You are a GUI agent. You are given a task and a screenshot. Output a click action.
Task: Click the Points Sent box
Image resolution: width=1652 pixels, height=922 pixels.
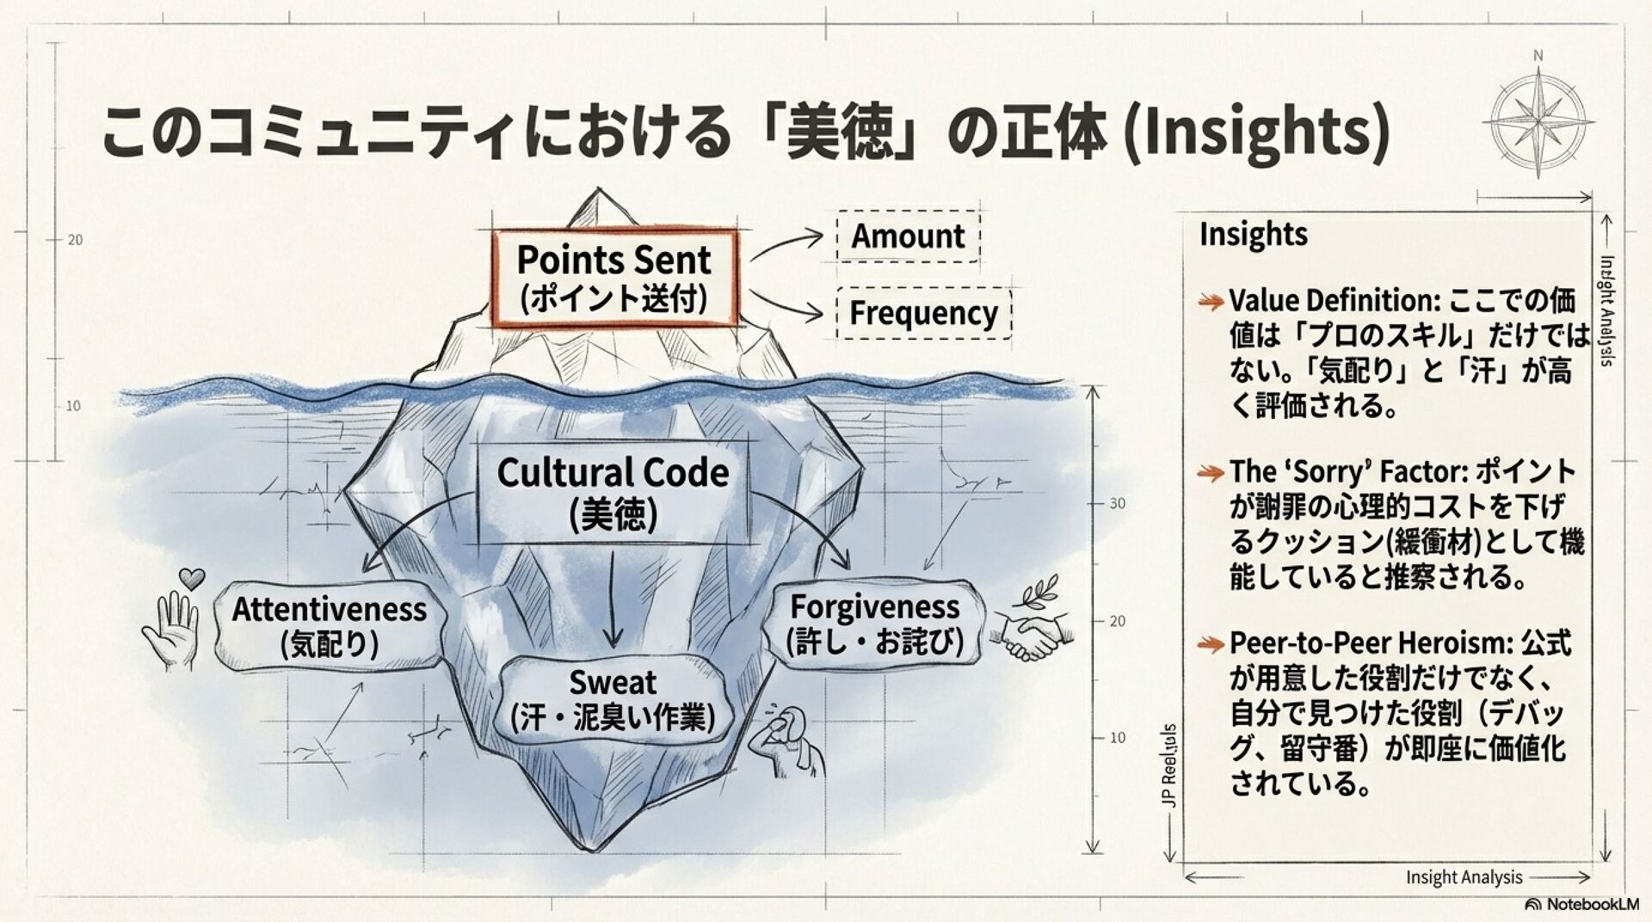(613, 277)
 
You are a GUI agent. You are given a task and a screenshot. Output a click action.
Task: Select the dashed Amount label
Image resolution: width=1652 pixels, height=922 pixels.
(908, 236)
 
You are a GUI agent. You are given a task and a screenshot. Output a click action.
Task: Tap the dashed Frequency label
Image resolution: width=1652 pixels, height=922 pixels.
(923, 313)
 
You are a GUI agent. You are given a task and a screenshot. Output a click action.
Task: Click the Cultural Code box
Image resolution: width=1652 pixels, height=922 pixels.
(613, 492)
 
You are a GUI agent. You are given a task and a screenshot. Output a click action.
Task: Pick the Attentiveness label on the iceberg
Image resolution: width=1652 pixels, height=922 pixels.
(330, 625)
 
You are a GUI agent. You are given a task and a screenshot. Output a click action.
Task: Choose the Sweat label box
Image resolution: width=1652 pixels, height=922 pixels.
(613, 699)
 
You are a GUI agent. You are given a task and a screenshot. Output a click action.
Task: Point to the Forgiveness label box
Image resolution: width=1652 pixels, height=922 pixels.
(874, 623)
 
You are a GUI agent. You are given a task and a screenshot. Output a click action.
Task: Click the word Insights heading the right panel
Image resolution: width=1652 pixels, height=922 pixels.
(1253, 234)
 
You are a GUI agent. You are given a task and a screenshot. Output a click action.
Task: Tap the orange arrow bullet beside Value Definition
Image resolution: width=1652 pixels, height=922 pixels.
(1211, 302)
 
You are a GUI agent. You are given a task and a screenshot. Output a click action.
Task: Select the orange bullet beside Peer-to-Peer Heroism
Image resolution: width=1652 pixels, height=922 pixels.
(1211, 643)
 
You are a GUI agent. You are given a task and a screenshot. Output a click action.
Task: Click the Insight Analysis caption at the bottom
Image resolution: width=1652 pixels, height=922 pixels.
(1464, 877)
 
